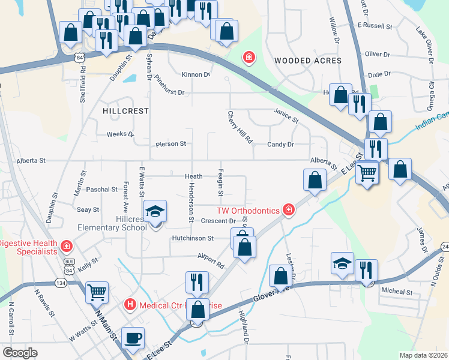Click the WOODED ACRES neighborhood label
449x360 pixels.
pyautogui.click(x=307, y=61)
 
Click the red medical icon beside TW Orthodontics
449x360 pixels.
pyautogui.click(x=289, y=209)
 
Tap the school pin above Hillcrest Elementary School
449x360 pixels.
pyautogui.click(x=155, y=211)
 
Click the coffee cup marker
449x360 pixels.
pyautogui.click(x=133, y=338)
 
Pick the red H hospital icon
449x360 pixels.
pyautogui.click(x=130, y=305)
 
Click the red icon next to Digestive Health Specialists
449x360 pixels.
pyautogui.click(x=66, y=246)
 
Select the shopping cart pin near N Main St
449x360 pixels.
pyautogui.click(x=97, y=292)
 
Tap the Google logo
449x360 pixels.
pyautogui.click(x=19, y=352)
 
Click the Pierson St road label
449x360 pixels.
pyautogui.click(x=171, y=144)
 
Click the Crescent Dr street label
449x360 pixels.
pyautogui.click(x=218, y=221)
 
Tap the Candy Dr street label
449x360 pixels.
pyautogui.click(x=280, y=145)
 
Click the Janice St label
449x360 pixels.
pyautogui.click(x=286, y=115)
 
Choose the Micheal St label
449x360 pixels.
pyautogui.click(x=397, y=292)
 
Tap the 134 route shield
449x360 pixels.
pyautogui.click(x=61, y=283)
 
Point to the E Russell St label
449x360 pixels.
pyautogui.click(x=374, y=26)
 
